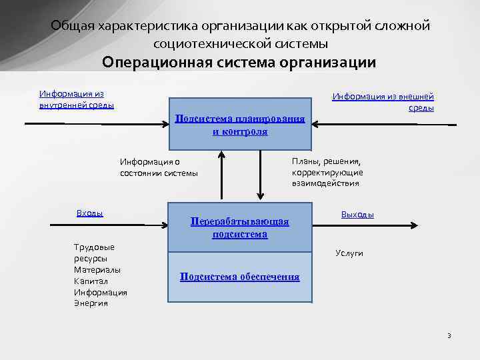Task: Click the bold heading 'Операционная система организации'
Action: (x=239, y=63)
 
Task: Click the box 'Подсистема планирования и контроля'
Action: (x=240, y=125)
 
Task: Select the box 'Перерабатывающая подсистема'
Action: (x=239, y=227)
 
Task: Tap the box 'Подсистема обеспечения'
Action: (x=239, y=277)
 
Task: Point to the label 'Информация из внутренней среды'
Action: (x=76, y=99)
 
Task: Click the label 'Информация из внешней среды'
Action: (x=383, y=102)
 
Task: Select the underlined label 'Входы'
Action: (x=89, y=213)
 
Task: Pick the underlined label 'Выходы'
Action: (x=357, y=215)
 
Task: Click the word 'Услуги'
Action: (x=349, y=253)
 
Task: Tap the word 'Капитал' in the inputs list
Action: (x=88, y=281)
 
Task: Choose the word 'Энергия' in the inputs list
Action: (x=91, y=303)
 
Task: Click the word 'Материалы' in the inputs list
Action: (x=97, y=270)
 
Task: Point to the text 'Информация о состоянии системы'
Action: (x=159, y=167)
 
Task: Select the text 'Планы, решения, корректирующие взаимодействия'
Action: (x=327, y=172)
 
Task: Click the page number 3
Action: (x=449, y=335)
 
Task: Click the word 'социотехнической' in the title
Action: (x=199, y=44)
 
